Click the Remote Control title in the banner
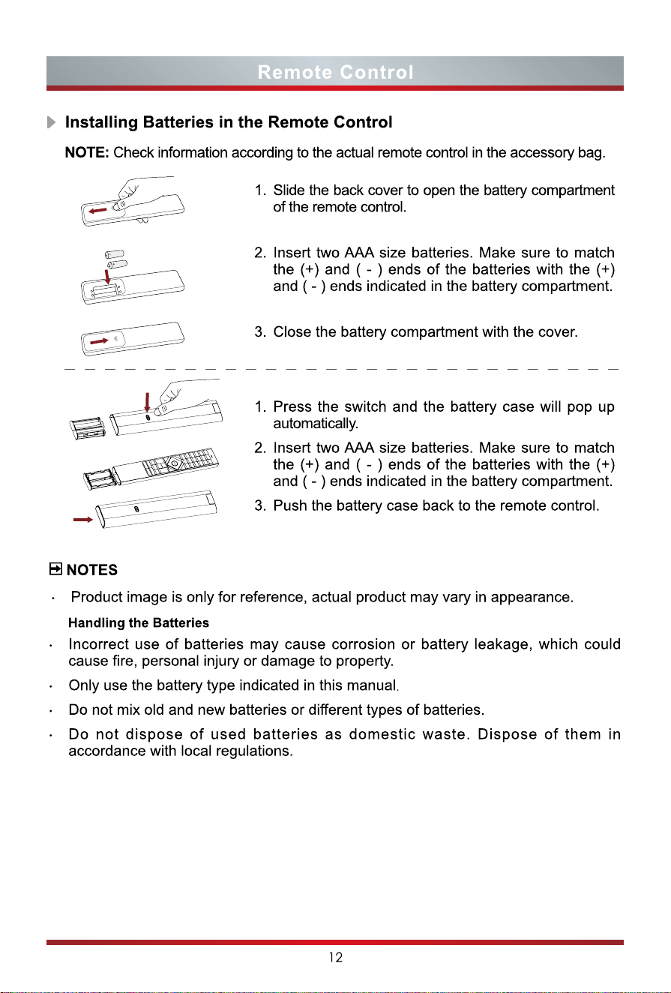click(x=336, y=72)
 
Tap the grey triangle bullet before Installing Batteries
click(x=52, y=122)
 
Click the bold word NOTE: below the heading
click(x=87, y=152)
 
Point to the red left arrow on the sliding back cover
click(x=97, y=211)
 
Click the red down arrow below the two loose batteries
click(x=108, y=276)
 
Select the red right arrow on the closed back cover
click(x=99, y=341)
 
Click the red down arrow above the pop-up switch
click(x=148, y=402)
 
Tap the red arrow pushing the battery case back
click(x=83, y=520)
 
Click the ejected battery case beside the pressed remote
click(x=88, y=427)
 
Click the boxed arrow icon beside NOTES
click(x=55, y=568)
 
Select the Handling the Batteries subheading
click(x=139, y=622)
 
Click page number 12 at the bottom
click(x=336, y=958)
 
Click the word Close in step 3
click(x=291, y=331)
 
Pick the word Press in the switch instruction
click(x=293, y=406)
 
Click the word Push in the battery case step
click(x=290, y=505)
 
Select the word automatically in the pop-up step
click(x=316, y=424)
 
